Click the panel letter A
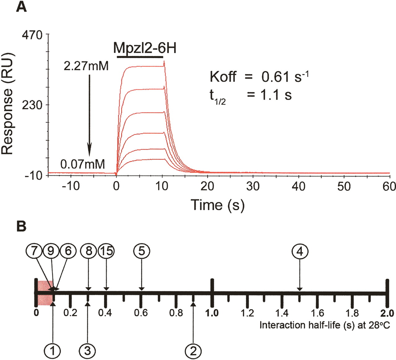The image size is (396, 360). click(x=21, y=7)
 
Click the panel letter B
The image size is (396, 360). click(x=21, y=226)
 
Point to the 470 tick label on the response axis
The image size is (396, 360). click(x=32, y=35)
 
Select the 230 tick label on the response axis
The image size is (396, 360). click(x=32, y=105)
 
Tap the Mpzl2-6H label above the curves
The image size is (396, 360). click(x=145, y=48)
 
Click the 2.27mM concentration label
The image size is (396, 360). click(x=86, y=66)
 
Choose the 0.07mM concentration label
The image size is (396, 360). click(x=83, y=164)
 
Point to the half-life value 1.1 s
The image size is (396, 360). click(x=276, y=95)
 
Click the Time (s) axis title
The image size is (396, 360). click(x=217, y=205)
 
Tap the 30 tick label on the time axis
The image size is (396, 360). click(x=253, y=186)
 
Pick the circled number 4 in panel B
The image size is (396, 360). click(x=300, y=252)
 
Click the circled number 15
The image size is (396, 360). click(x=106, y=251)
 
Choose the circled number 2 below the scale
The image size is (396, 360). click(x=193, y=351)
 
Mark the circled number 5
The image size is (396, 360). click(x=141, y=251)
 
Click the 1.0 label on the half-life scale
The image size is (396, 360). click(x=212, y=313)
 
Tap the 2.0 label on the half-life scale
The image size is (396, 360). click(x=387, y=313)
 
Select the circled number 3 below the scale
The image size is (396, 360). click(x=88, y=351)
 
